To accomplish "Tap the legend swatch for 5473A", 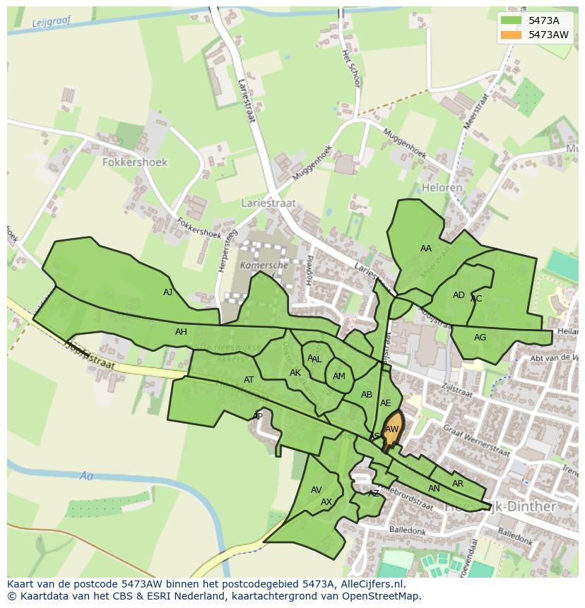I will click(x=512, y=20).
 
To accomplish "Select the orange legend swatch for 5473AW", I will click(x=512, y=35).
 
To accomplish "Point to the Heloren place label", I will click(x=442, y=188).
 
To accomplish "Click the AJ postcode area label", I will click(x=167, y=292).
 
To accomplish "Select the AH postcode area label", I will click(x=181, y=332).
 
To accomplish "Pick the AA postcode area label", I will click(x=425, y=249).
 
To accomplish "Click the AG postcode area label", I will click(x=480, y=338).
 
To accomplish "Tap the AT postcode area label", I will click(x=249, y=380).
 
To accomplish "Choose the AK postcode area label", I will click(x=295, y=373).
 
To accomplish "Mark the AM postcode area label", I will click(x=339, y=376).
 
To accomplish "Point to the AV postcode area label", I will click(x=317, y=490).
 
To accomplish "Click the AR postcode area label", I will click(x=458, y=484).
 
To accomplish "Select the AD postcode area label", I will click(x=459, y=295).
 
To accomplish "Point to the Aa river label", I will click(x=87, y=476).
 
